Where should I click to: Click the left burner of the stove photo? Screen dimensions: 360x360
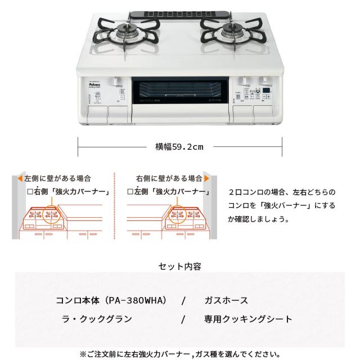point(127,35)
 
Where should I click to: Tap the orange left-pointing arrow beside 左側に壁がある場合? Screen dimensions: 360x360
point(20,179)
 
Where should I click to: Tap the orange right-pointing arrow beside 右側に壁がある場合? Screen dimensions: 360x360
point(207,179)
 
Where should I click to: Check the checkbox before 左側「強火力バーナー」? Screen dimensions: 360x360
point(130,191)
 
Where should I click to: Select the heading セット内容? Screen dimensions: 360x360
point(179,267)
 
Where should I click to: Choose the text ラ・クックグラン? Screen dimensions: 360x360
point(97,319)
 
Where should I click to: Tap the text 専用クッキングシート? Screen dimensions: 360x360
point(248,319)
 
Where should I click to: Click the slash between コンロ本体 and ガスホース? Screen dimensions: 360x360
point(183,301)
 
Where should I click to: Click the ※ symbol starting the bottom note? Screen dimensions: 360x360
point(83,354)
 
